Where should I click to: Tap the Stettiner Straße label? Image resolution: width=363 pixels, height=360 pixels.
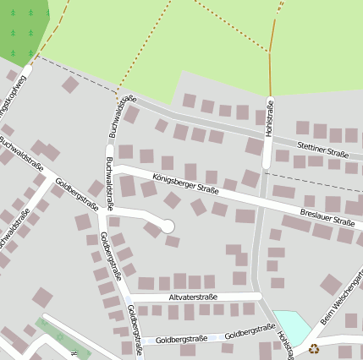tap(322, 150)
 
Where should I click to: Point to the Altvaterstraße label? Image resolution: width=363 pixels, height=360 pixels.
tap(193, 297)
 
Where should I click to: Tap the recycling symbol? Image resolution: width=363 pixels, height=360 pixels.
tap(314, 348)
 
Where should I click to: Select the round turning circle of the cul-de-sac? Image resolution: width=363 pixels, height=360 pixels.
tap(168, 226)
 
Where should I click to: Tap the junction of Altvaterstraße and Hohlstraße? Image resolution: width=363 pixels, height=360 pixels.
tap(260, 296)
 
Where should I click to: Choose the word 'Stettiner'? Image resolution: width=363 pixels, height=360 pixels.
tap(311, 147)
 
